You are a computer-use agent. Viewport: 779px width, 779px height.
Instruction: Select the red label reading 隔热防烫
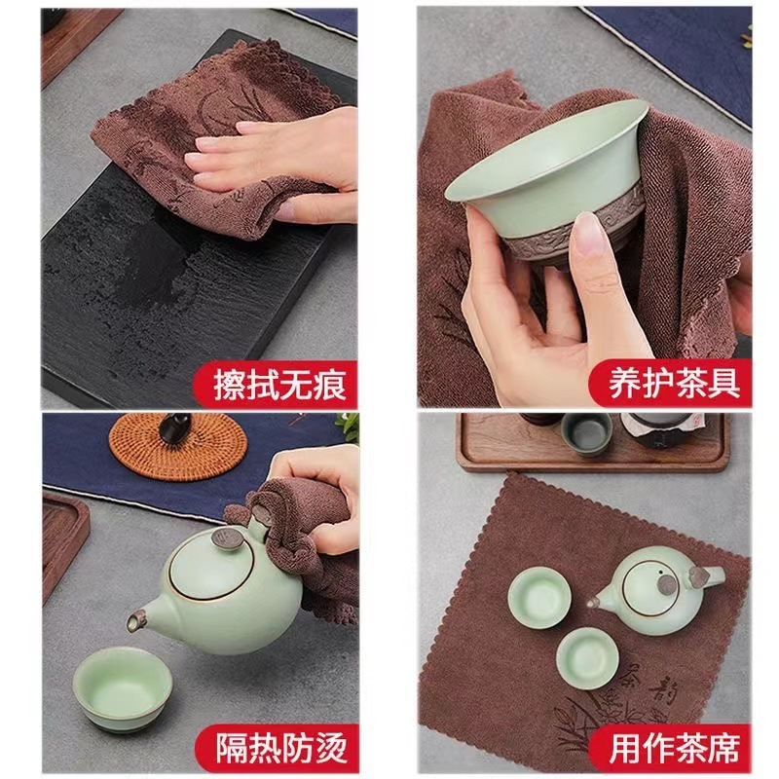280,749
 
